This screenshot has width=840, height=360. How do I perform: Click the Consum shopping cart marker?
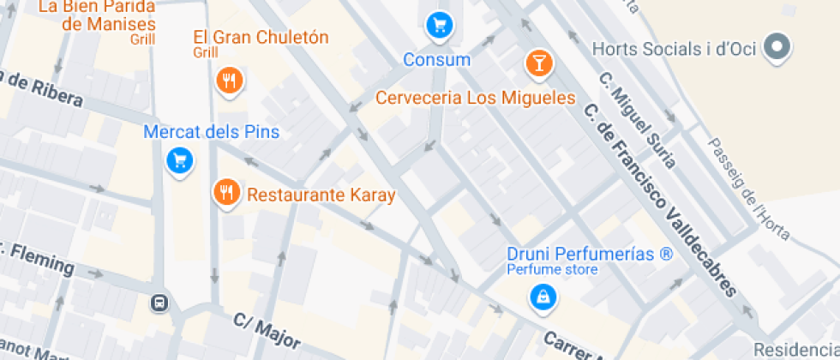pos(439,26)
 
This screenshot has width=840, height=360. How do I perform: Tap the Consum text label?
pos(437,60)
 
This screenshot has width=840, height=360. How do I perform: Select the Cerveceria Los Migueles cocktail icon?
pos(538,62)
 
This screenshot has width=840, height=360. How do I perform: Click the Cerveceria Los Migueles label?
pos(475,98)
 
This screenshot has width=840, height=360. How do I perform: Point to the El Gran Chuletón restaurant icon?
pos(229,81)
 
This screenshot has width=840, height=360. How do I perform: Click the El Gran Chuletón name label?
pos(261,38)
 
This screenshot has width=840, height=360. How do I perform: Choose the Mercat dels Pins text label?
pos(212,133)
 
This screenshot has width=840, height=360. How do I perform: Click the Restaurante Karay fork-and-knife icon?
pos(226,193)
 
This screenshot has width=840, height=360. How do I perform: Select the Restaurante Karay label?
pos(321,195)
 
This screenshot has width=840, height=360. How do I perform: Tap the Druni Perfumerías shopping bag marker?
pos(543,297)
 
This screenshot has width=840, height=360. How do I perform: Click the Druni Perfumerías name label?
pos(590,255)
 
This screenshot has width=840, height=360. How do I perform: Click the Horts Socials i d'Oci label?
pos(674,49)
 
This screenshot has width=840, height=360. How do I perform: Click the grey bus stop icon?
pos(159,303)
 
